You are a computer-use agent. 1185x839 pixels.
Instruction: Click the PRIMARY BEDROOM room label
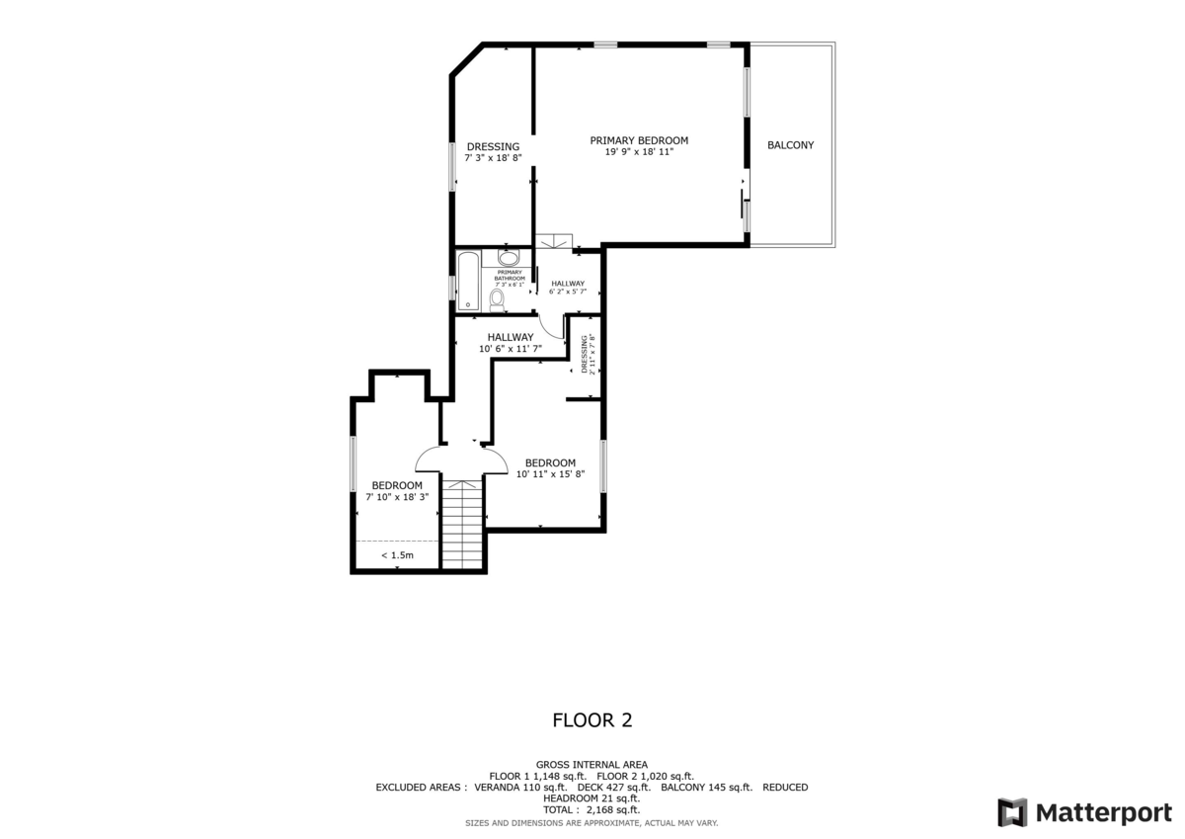639,140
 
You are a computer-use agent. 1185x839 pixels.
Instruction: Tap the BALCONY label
790,145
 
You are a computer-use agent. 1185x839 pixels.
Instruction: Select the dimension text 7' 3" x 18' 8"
493,158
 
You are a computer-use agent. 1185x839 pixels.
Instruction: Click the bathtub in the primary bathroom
468,282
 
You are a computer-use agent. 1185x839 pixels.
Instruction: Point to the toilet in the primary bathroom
497,298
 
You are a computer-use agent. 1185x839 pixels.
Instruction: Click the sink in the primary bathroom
508,259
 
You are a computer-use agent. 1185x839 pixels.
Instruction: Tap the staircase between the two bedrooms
461,524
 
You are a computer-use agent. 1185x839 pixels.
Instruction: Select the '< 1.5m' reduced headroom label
397,556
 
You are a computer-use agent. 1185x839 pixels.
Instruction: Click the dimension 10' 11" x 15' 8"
550,474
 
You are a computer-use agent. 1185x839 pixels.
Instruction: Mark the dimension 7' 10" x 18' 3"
397,497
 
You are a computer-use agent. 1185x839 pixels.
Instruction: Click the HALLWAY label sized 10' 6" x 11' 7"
510,337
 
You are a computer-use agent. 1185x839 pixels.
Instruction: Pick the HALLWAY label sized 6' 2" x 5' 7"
568,285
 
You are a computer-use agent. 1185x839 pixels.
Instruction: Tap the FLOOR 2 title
592,720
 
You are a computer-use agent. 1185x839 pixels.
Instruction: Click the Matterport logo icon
1012,812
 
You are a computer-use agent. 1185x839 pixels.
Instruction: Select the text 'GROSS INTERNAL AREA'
592,765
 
